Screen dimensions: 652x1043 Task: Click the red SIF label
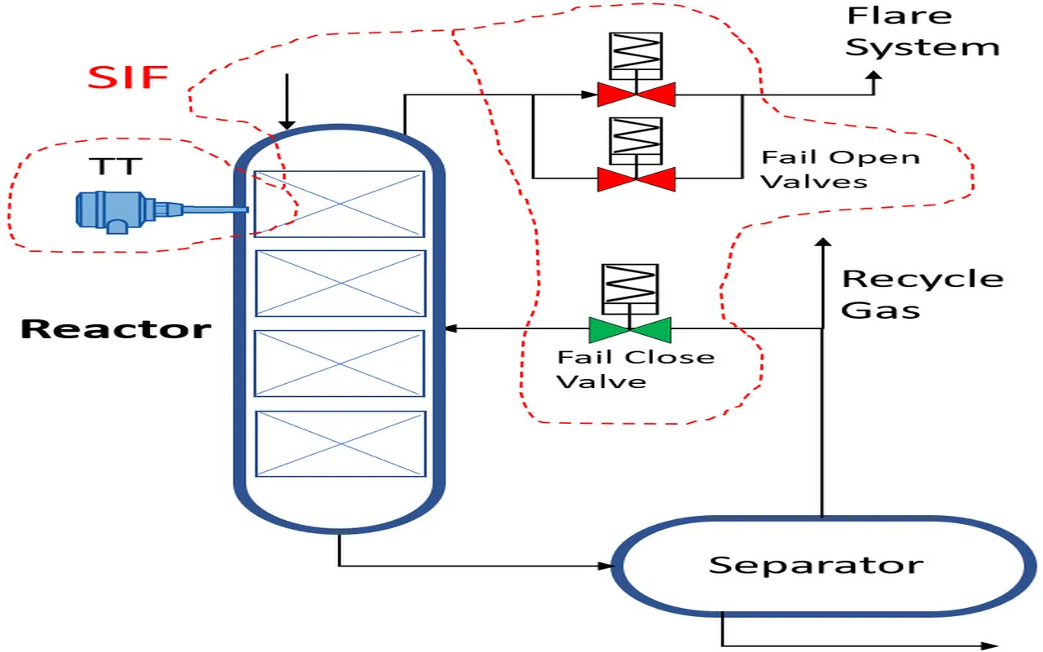(128, 77)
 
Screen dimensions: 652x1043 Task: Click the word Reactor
(115, 329)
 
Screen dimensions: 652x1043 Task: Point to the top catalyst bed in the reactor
(340, 204)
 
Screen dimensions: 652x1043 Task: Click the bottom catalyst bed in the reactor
(341, 443)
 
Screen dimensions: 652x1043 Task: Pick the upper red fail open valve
(636, 95)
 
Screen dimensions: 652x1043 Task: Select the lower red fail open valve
(636, 178)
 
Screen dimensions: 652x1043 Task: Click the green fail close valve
(629, 329)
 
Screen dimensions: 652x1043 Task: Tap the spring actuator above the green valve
(629, 289)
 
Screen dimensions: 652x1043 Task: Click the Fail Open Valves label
(840, 169)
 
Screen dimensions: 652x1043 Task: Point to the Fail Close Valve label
(636, 368)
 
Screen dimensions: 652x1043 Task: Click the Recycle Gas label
(922, 293)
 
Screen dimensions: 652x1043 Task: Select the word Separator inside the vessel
(816, 565)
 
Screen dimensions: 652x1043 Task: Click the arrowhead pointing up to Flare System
(875, 77)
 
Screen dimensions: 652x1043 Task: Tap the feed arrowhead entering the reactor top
(286, 123)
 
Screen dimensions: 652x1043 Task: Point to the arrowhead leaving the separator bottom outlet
(990, 645)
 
